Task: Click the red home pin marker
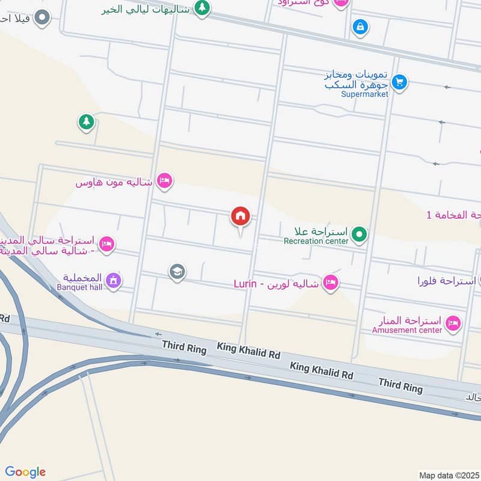click(x=240, y=216)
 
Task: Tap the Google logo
click(x=25, y=472)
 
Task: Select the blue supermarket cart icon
click(x=399, y=82)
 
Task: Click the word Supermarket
click(x=364, y=94)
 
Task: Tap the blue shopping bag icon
click(x=360, y=26)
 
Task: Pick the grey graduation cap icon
click(x=177, y=272)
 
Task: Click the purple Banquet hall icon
click(x=113, y=280)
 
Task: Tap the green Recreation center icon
click(x=360, y=233)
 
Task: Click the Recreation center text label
click(x=316, y=241)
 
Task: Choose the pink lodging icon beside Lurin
click(x=330, y=283)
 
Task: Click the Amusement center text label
click(x=406, y=329)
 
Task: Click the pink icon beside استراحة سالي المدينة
click(x=108, y=244)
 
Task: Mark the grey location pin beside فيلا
click(x=42, y=18)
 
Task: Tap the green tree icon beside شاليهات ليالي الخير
click(x=202, y=8)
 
